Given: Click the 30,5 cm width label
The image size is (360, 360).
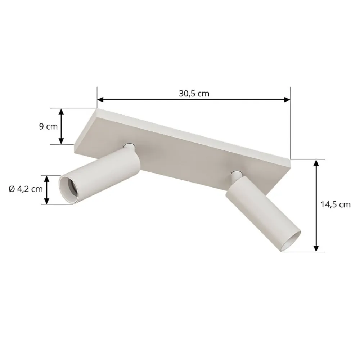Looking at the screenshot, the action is [x=194, y=94].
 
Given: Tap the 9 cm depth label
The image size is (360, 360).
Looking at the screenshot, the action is [x=49, y=126].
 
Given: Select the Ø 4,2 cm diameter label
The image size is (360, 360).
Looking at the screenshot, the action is [x=26, y=189].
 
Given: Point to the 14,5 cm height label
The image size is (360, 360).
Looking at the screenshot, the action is [x=336, y=204].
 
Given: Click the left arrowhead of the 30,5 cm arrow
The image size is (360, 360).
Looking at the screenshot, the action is [x=100, y=100].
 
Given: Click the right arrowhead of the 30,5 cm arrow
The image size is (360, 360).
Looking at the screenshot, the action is [x=287, y=100].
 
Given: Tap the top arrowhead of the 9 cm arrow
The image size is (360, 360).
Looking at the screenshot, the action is [x=61, y=112].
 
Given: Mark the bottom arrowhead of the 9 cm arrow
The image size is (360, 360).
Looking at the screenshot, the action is [x=61, y=141].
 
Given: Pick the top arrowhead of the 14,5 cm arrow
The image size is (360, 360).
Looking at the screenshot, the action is [x=316, y=163].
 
